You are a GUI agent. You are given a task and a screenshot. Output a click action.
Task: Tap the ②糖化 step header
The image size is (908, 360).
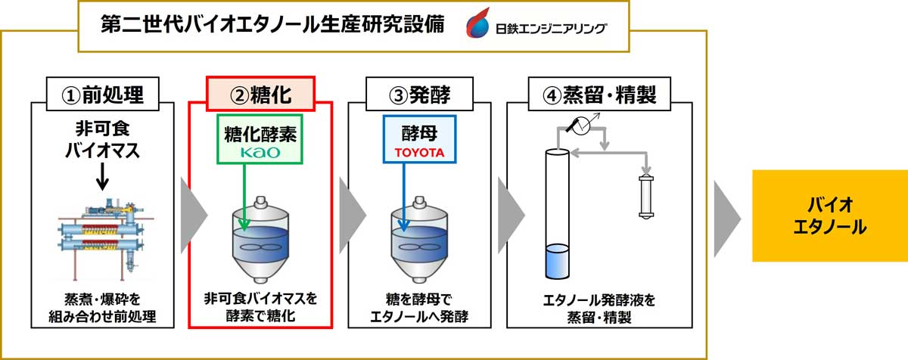pos(260,94)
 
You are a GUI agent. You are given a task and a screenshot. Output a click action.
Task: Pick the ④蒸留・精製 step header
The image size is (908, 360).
pos(599,94)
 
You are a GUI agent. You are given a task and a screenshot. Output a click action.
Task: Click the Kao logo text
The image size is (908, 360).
pos(260,152)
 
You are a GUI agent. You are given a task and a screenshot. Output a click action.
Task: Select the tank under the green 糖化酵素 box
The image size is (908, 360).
pos(260,239)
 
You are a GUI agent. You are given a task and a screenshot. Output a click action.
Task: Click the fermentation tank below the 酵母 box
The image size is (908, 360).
pos(418,239)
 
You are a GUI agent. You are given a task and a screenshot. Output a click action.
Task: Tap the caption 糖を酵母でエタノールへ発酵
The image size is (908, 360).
pos(418,308)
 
